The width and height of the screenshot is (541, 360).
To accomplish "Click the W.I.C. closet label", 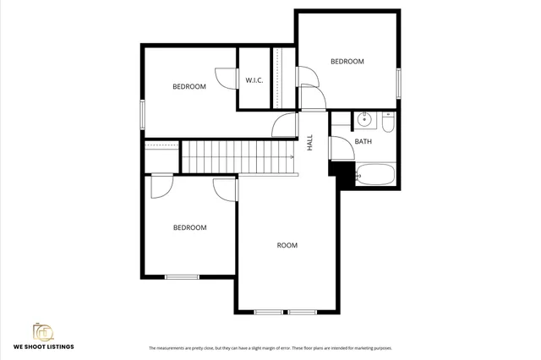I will pyautogui.click(x=254, y=81).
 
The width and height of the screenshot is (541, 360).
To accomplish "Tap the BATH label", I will pyautogui.click(x=363, y=142).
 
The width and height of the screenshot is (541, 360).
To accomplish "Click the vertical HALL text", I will pyautogui.click(x=310, y=142).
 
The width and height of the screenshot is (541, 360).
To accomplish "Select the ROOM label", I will pyautogui.click(x=287, y=246).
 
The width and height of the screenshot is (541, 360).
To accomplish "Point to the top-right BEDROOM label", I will pyautogui.click(x=347, y=62).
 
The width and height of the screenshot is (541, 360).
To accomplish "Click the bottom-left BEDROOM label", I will pyautogui.click(x=189, y=227).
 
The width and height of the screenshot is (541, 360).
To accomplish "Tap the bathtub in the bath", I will pyautogui.click(x=374, y=175).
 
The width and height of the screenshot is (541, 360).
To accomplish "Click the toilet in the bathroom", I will pyautogui.click(x=387, y=123).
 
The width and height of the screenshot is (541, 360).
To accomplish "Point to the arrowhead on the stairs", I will pyautogui.click(x=292, y=157).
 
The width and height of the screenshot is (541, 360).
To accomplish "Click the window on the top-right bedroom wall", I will pyautogui.click(x=398, y=83).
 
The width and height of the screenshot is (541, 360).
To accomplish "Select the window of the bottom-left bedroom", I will pyautogui.click(x=182, y=276).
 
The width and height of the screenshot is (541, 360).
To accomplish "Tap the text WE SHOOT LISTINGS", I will pyautogui.click(x=43, y=347).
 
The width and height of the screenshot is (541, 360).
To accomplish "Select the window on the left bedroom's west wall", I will pyautogui.click(x=143, y=113).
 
